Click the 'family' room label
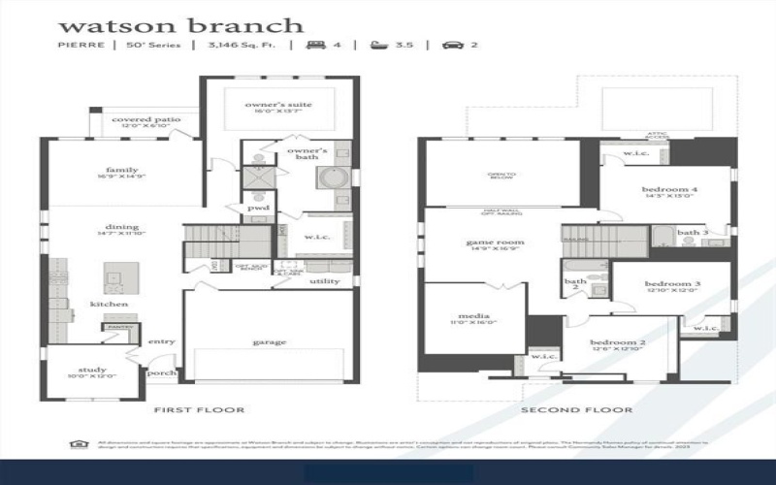click(x=122, y=170)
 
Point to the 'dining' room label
click(x=122, y=227)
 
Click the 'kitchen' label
click(x=110, y=304)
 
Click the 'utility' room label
click(x=324, y=281)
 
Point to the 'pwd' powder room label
click(x=259, y=208)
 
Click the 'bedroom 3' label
click(x=672, y=283)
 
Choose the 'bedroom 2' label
click(x=617, y=343)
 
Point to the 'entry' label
click(x=160, y=341)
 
